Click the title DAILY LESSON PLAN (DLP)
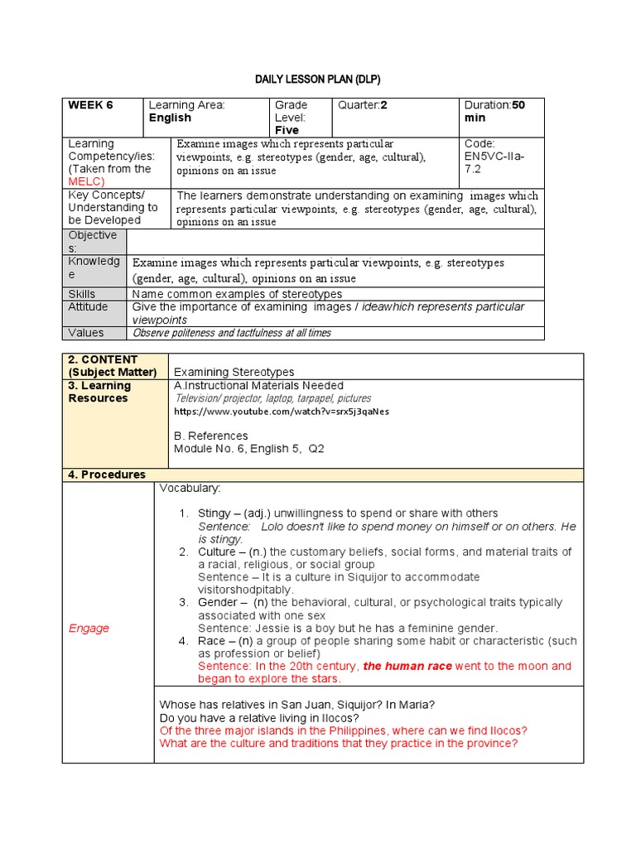pos(317,79)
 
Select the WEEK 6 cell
pos(90,105)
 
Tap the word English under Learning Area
pos(170,118)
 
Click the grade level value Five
pos(287,130)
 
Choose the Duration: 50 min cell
pos(494,111)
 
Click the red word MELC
pos(86,181)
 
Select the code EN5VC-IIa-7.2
pos(494,157)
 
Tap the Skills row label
pos(82,294)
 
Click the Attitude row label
pos(88,307)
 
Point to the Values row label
pos(86,333)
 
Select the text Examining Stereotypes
pos(234,373)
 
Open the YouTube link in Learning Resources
pos(281,411)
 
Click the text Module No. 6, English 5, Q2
pos(249,449)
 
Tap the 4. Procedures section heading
pos(107,475)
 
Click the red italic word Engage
pos(89,628)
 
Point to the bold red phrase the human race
pos(407,666)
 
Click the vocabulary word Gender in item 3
pos(217,602)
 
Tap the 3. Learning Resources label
pos(99,392)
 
